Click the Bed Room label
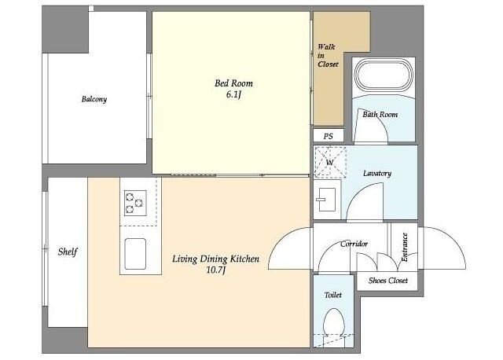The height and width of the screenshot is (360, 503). pos(233,83)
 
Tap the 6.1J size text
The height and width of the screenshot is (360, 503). pos(233,94)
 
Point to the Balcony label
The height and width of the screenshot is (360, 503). pos(94,99)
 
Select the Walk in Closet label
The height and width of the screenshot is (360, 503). pos(328,56)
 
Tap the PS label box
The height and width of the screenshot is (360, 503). pos(329,136)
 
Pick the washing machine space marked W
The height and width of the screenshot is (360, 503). pos(330,163)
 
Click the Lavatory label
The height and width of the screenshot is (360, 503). pos(377,173)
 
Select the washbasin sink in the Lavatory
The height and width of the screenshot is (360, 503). pos(326,200)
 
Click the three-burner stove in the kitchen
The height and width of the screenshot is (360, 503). pos(135,203)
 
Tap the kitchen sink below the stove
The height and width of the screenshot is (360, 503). pos(135,254)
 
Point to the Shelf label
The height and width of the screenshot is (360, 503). pos(68,252)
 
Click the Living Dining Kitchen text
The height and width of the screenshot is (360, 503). pos(215,259)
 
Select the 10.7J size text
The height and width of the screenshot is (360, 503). pos(215,270)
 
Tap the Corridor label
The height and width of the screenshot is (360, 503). pos(354,244)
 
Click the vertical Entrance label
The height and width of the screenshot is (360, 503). pos(405,247)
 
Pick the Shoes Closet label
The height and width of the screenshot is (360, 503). pos(388,281)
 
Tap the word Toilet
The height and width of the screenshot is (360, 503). pos(333,295)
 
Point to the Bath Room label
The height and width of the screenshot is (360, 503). pos(380,114)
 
